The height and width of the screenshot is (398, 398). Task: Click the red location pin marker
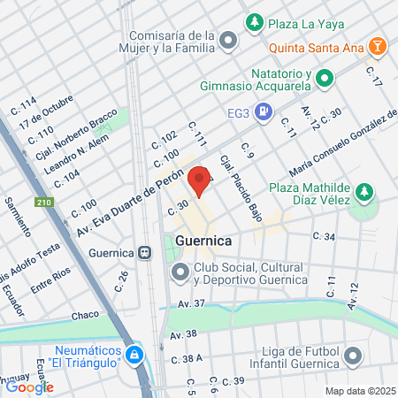(x=200, y=180)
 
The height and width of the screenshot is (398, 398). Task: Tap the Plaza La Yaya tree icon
(x=255, y=20)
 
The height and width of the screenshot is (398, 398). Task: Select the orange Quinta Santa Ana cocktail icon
(x=378, y=44)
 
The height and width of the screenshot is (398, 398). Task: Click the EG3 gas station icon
(x=263, y=112)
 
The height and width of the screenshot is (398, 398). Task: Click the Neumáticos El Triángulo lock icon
(x=134, y=356)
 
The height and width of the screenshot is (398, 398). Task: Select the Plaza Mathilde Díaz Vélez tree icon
(x=362, y=193)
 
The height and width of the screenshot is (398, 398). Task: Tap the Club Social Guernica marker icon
(x=180, y=273)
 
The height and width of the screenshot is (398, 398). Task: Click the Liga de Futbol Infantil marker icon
(x=353, y=357)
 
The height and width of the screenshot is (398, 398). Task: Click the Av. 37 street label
(x=191, y=304)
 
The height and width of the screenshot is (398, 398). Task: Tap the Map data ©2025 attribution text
(x=357, y=390)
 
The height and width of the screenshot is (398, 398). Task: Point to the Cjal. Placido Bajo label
(x=236, y=179)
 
